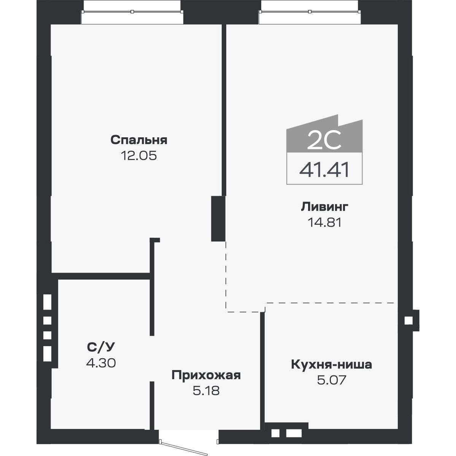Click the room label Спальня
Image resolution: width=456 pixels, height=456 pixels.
[139, 140]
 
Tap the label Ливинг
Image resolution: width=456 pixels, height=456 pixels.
[324, 207]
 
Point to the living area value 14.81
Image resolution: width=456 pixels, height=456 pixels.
[324, 222]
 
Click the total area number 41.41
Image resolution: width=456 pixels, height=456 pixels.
[324, 170]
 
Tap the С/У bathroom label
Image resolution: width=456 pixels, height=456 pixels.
[101, 347]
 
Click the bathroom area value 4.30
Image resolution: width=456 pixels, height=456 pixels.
[101, 363]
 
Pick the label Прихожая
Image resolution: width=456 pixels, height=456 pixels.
[206, 375]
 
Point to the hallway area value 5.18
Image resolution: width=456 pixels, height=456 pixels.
[206, 391]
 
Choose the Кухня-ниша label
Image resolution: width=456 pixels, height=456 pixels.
[331, 365]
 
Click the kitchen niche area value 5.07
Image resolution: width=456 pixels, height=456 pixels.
[331, 380]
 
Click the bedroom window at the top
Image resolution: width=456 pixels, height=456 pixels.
[132, 12]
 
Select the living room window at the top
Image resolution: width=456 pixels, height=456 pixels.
[309, 12]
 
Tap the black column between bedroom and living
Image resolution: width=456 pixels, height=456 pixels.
[218, 218]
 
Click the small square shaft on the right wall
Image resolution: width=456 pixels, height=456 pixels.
[408, 320]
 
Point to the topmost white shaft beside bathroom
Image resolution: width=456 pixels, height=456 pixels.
[47, 303]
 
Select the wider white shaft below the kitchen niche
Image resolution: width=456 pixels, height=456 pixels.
[294, 433]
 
